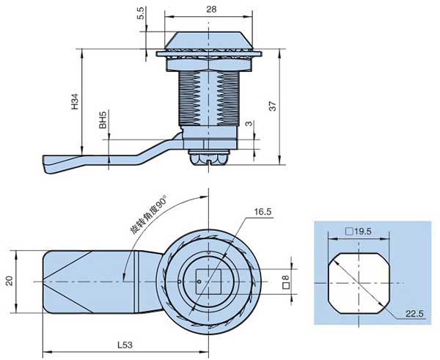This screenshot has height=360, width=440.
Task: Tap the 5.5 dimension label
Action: point(140,15)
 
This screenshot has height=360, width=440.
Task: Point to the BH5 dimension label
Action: point(103,120)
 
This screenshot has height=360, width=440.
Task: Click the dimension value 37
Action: point(272,107)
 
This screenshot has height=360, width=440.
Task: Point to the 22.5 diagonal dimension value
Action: point(416,314)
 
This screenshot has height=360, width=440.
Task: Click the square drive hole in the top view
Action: point(208,279)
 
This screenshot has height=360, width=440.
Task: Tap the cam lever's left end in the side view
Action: point(48,163)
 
